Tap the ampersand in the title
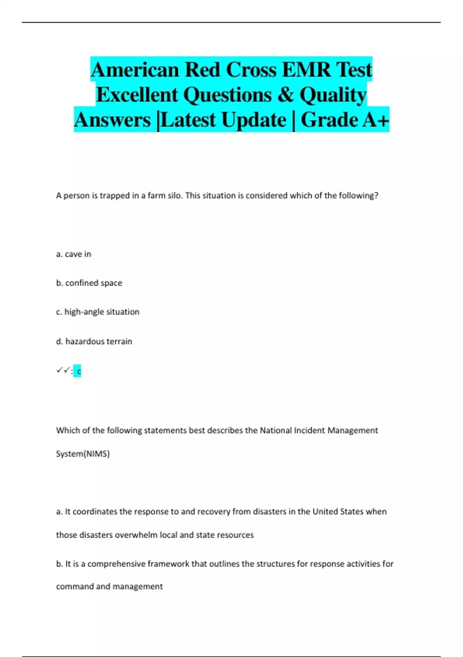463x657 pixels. [x=285, y=95]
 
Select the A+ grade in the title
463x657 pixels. [x=375, y=120]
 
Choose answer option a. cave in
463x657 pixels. [x=74, y=254]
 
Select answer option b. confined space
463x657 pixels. [x=89, y=283]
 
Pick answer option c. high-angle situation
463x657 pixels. [x=98, y=312]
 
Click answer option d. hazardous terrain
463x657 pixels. [x=94, y=341]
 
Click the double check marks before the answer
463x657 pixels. [x=63, y=370]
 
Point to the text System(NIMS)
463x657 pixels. [x=83, y=454]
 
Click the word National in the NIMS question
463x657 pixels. [x=275, y=431]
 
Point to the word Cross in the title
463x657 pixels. [x=251, y=70]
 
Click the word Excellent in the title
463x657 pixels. [x=137, y=95]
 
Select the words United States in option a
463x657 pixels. [x=338, y=512]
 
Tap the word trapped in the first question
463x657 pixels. [x=115, y=196]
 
